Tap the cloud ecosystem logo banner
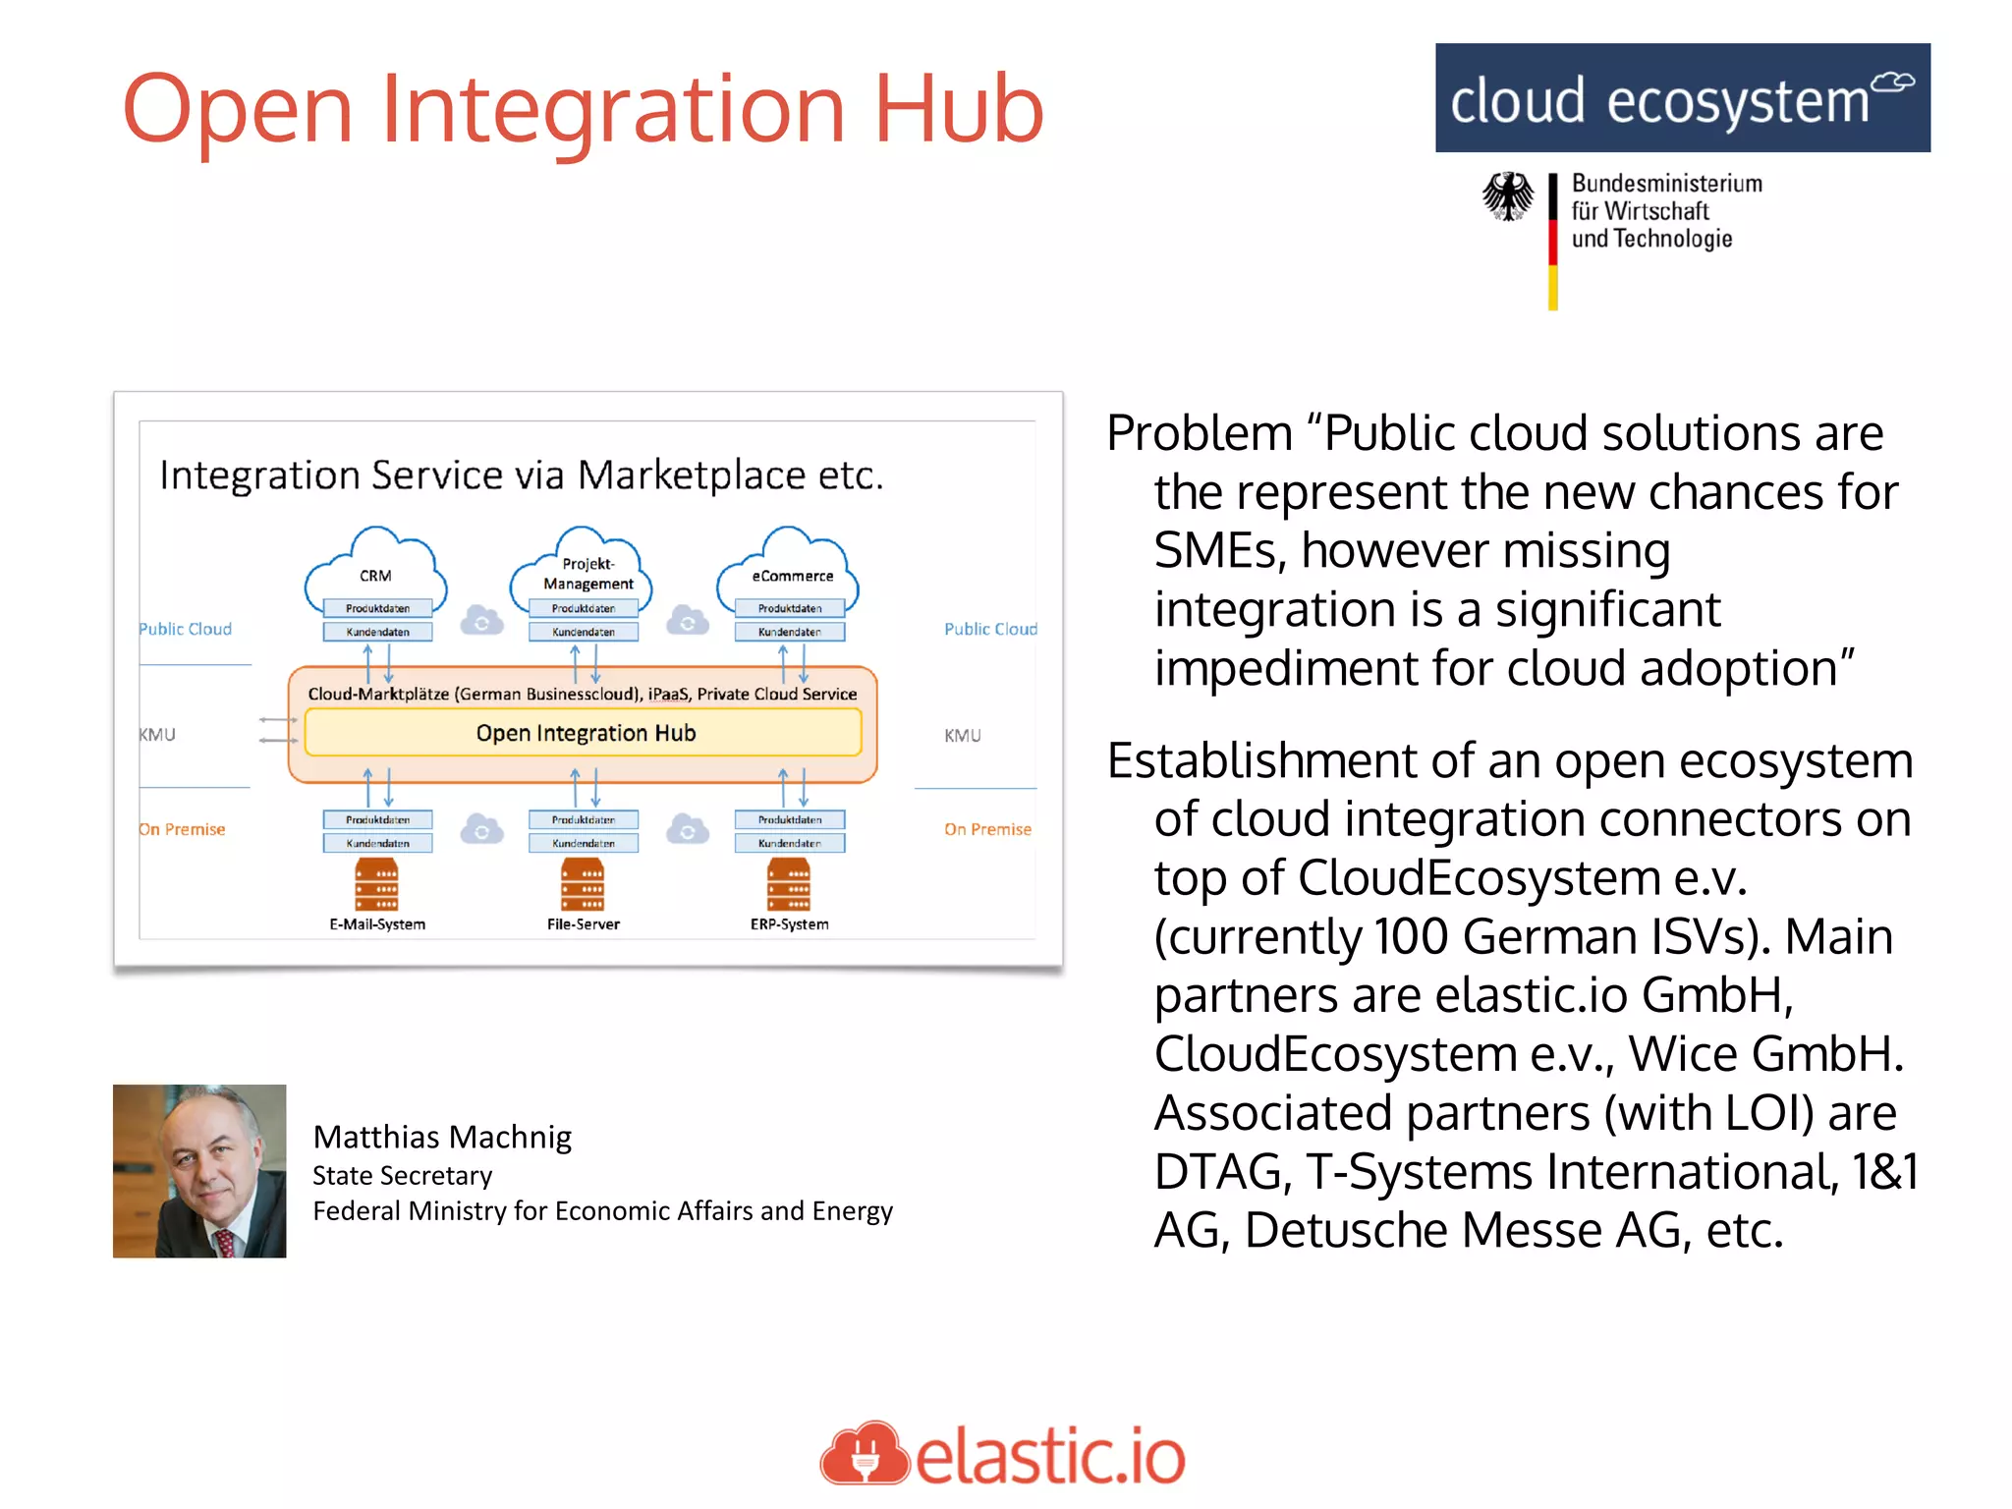tap(1682, 98)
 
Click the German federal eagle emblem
tap(1507, 196)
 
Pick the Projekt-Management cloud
tap(582, 568)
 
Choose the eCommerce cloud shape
tap(789, 570)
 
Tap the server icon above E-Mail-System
tap(377, 884)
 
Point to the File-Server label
tap(584, 924)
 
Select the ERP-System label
tap(789, 924)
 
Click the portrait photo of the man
tap(199, 1171)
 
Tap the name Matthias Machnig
tap(442, 1137)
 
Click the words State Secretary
tap(402, 1176)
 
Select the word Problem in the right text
tap(1200, 433)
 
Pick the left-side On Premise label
tap(183, 829)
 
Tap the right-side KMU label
tap(963, 736)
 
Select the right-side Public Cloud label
tap(990, 629)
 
